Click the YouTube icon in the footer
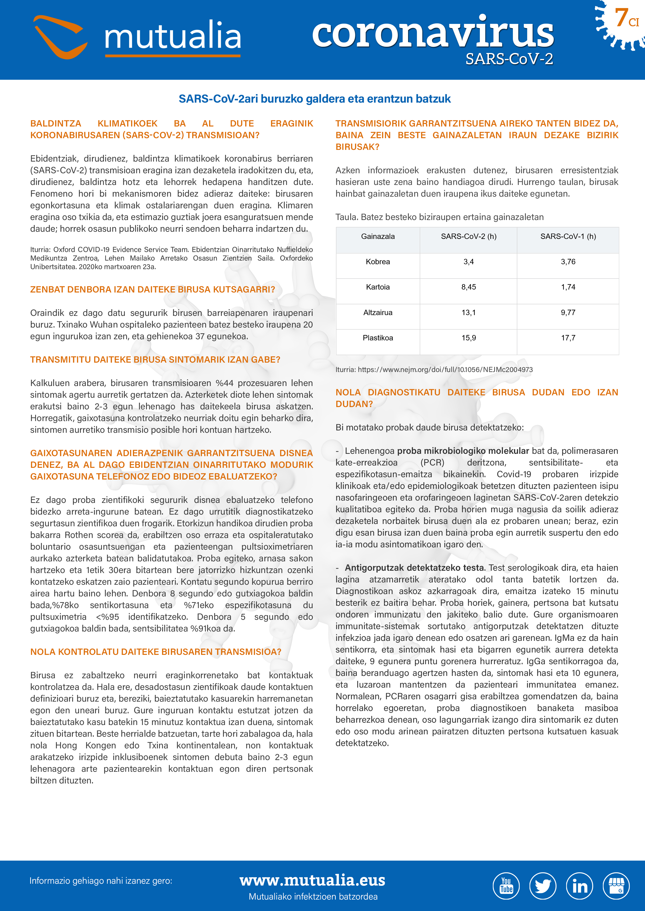click(506, 886)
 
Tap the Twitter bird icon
click(543, 886)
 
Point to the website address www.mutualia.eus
click(312, 880)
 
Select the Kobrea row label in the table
click(378, 262)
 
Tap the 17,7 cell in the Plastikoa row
click(568, 338)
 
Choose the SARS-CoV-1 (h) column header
click(568, 236)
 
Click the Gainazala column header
click(378, 236)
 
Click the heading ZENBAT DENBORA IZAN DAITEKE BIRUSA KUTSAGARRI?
click(152, 290)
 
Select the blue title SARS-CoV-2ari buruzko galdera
click(314, 99)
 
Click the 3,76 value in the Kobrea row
click(568, 262)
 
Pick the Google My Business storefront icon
click(616, 886)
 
